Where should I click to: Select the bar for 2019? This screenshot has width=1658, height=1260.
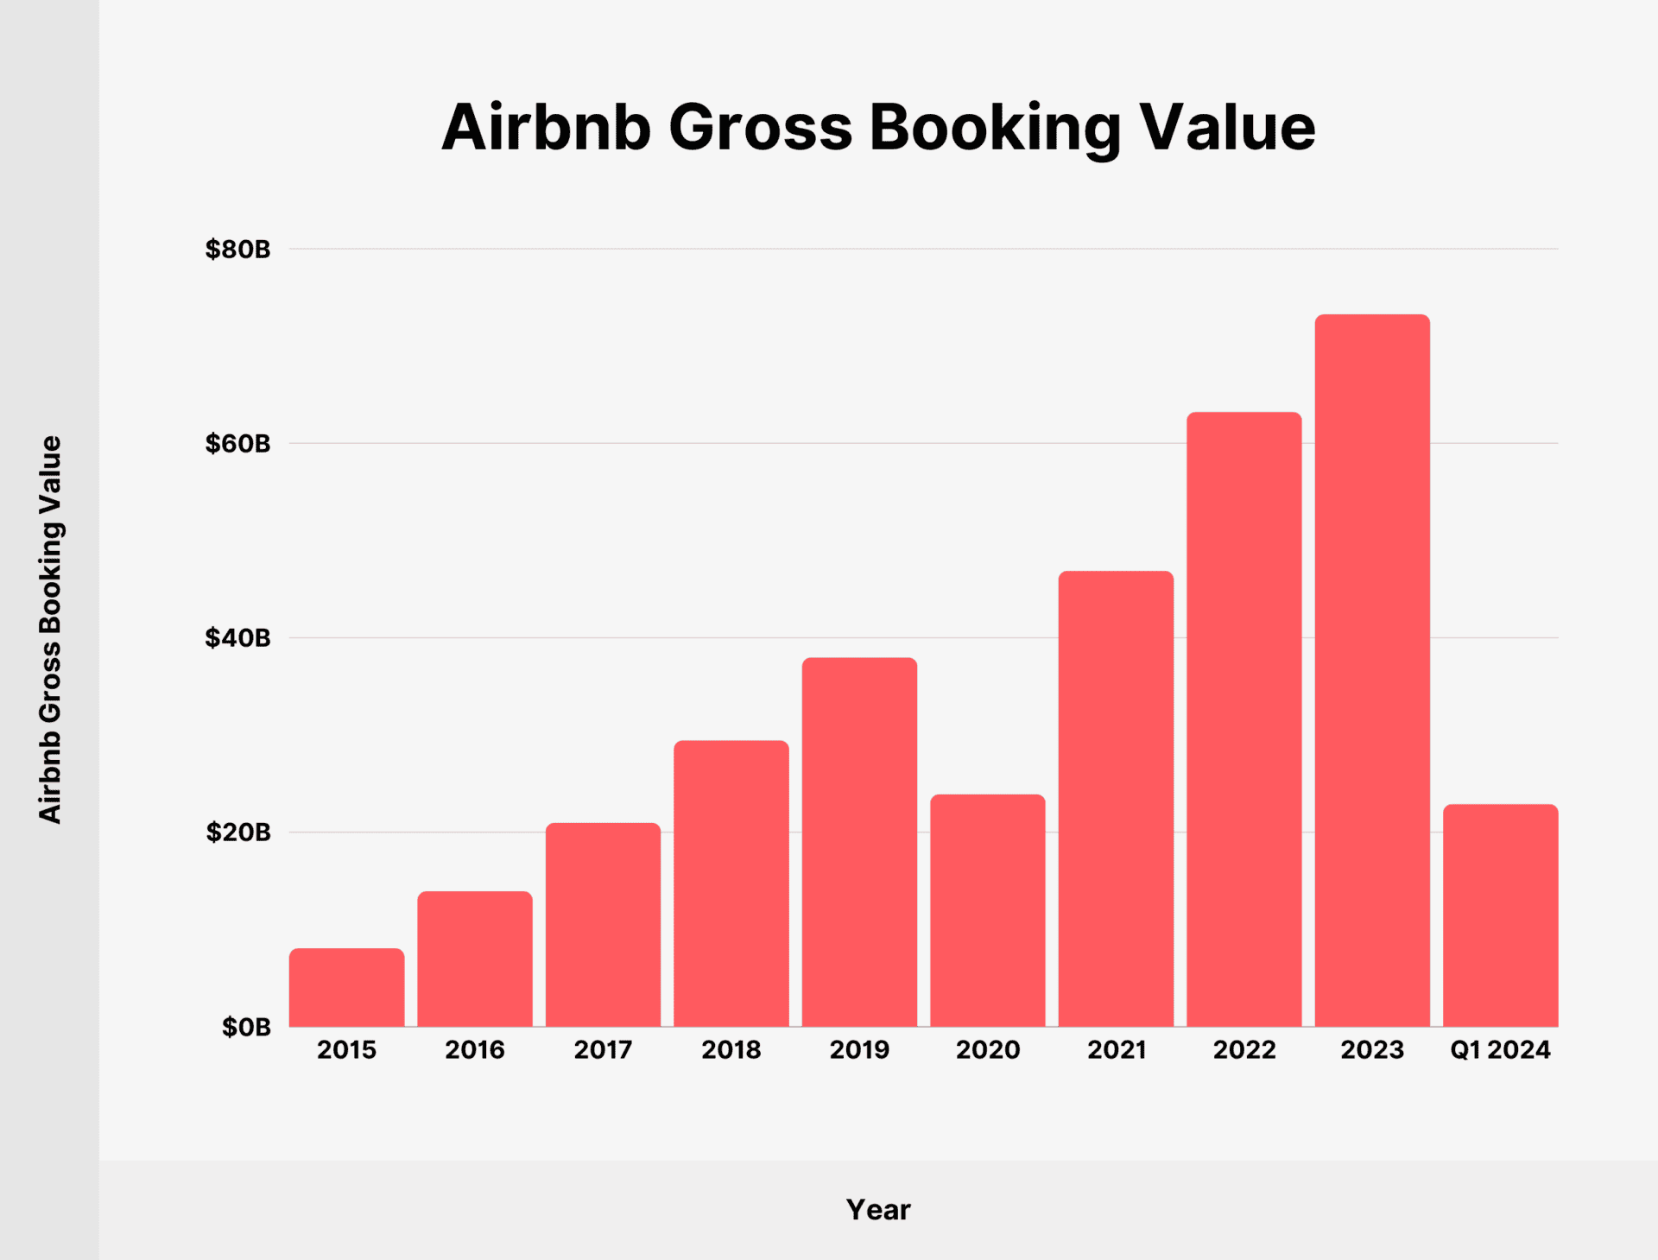click(859, 842)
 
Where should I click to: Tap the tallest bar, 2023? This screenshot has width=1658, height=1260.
click(1372, 670)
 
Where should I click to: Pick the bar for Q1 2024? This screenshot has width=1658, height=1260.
click(1500, 915)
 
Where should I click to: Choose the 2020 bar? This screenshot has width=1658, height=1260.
click(987, 910)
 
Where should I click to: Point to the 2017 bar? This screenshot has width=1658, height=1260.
click(603, 925)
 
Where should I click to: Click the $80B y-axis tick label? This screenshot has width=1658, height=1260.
click(237, 250)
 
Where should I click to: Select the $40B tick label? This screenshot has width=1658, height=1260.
click(237, 638)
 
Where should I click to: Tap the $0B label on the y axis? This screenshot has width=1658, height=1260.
click(246, 1027)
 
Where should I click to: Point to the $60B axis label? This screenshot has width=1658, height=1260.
click(237, 444)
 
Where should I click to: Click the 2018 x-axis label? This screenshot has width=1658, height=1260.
click(731, 1050)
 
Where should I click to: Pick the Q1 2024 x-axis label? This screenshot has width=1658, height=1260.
click(1500, 1050)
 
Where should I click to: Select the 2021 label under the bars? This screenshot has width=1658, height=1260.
click(1116, 1050)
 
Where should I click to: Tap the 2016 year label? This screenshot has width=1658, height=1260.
click(474, 1050)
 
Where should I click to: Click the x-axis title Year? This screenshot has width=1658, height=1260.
click(877, 1210)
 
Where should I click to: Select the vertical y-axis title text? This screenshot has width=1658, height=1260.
click(50, 629)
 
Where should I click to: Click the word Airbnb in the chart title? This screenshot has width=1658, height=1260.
click(546, 128)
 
